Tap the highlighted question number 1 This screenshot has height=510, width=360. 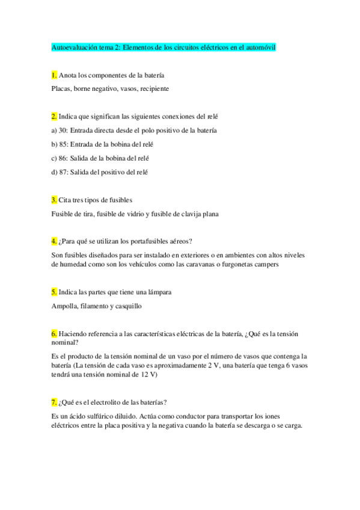[x=55, y=75]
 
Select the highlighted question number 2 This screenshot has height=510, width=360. [x=55, y=115]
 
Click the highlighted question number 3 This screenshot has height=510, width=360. [x=55, y=200]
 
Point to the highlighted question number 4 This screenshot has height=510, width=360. [x=55, y=241]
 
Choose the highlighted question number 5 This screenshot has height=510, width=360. [x=55, y=292]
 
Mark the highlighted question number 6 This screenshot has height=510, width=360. [x=55, y=333]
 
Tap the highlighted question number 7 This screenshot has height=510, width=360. [x=55, y=402]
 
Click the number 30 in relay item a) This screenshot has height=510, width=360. [x=63, y=130]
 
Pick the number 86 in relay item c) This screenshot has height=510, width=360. [x=63, y=158]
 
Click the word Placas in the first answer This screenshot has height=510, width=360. [x=61, y=88]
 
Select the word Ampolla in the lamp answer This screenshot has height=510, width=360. [x=65, y=306]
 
